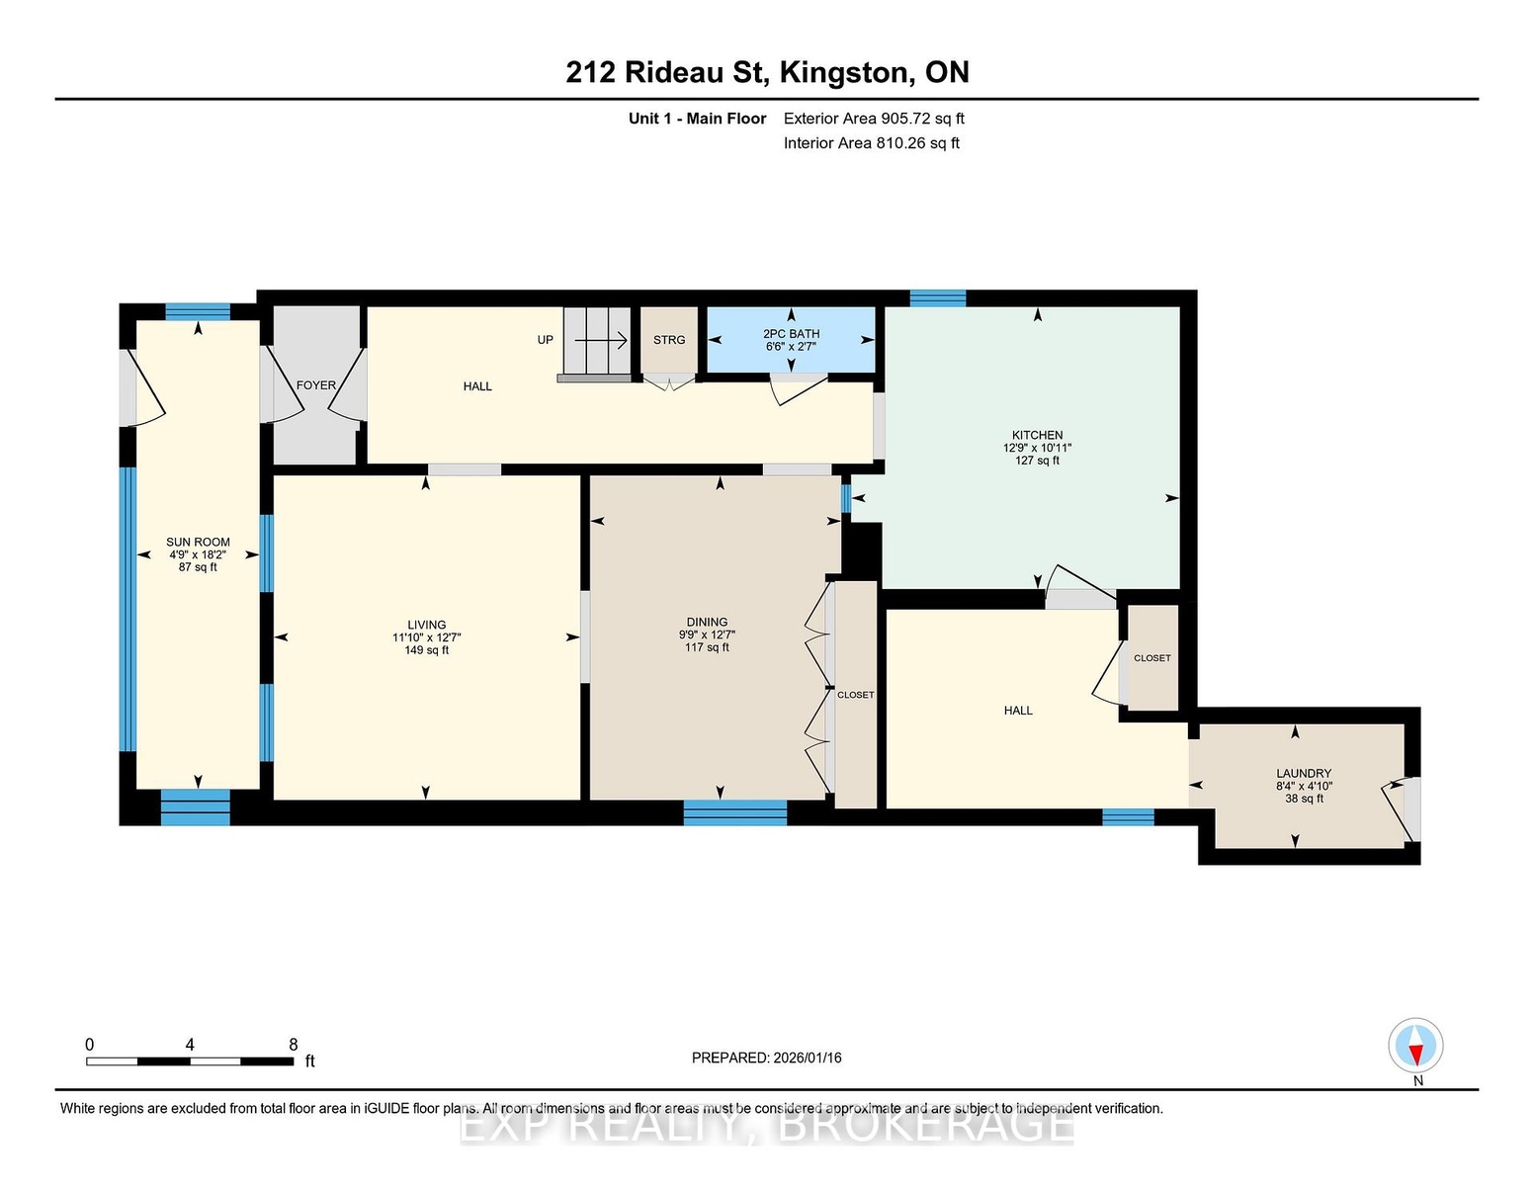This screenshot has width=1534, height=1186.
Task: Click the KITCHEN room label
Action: click(x=1037, y=435)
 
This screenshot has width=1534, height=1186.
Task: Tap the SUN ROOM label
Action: click(x=198, y=542)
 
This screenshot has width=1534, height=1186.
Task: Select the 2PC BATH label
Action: click(x=791, y=334)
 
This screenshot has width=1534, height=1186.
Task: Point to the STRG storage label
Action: click(x=669, y=340)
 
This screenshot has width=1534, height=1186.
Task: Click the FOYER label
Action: click(x=316, y=385)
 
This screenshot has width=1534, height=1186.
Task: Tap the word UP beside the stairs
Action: click(x=545, y=339)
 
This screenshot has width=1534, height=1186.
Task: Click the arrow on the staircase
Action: click(x=601, y=341)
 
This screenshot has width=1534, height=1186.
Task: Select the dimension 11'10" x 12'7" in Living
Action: click(x=426, y=637)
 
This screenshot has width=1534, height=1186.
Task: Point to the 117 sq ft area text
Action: click(x=707, y=647)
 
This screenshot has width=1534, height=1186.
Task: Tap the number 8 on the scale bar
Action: click(x=293, y=1045)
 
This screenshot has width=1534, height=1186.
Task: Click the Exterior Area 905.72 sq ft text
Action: click(x=874, y=119)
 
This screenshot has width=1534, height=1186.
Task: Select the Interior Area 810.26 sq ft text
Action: click(x=872, y=143)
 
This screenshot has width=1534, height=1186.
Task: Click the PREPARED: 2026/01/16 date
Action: click(x=767, y=1058)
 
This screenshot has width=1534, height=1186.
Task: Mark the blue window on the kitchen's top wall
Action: click(x=937, y=297)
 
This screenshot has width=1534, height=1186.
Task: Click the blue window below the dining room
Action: click(x=735, y=812)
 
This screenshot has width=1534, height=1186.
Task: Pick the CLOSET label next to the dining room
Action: click(x=856, y=695)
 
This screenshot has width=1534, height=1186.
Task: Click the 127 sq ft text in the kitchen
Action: click(x=1037, y=461)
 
